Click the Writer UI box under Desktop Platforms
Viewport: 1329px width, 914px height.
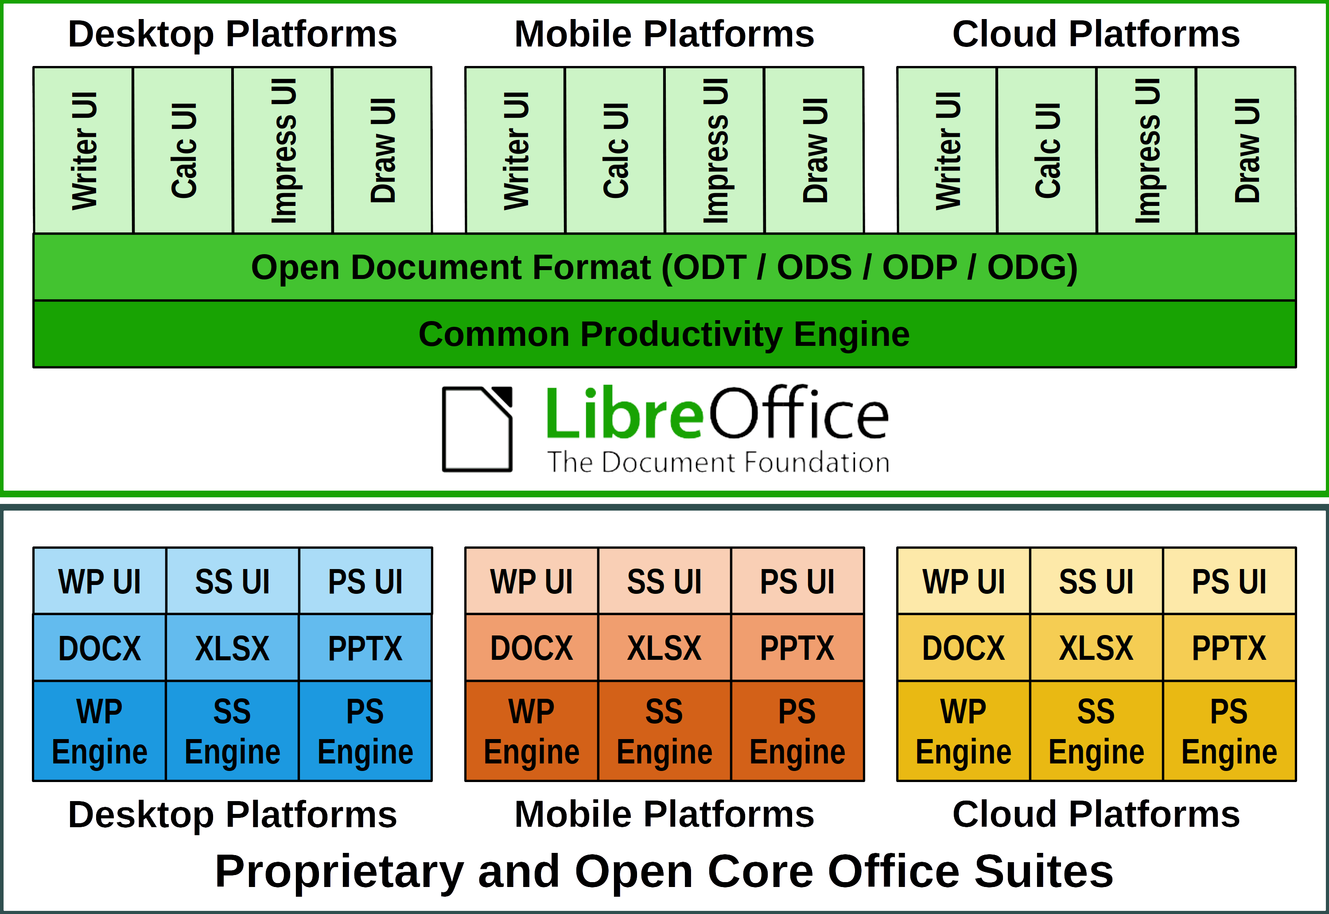point(84,150)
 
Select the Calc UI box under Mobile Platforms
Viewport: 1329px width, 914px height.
point(615,150)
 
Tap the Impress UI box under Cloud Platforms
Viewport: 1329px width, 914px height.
point(1146,150)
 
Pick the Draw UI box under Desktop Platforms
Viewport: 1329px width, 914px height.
point(382,150)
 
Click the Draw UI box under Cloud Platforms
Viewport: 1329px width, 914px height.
point(1246,150)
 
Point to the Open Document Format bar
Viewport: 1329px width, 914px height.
point(664,267)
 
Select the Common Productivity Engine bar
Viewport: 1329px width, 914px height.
point(664,334)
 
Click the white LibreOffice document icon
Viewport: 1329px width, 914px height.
point(477,430)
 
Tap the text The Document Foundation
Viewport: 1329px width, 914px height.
point(718,463)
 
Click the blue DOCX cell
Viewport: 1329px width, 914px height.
point(100,648)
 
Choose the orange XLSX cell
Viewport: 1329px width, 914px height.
point(664,648)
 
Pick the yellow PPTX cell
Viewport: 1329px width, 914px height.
point(1229,648)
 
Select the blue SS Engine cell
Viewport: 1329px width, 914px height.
point(233,731)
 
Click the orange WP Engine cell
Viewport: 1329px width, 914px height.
point(532,731)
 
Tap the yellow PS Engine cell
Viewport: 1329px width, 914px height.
point(1229,731)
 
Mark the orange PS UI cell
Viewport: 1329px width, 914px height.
point(797,582)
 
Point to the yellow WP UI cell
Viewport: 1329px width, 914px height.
point(964,582)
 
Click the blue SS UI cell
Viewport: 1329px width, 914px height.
point(233,582)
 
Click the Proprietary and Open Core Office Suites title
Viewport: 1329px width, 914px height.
point(664,871)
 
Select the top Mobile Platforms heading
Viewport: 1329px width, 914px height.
point(664,35)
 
